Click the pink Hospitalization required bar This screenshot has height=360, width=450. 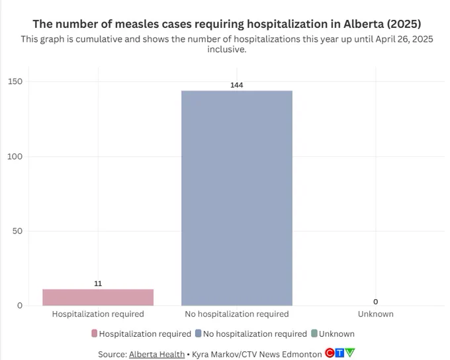(98, 297)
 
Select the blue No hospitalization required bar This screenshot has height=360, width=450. (237, 198)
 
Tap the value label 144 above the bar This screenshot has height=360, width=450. (237, 85)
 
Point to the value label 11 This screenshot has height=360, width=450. (98, 284)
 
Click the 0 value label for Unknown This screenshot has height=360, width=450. (376, 302)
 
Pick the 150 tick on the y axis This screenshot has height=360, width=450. (15, 81)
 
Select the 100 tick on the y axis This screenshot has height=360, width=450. (15, 156)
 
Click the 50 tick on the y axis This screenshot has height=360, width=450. (17, 231)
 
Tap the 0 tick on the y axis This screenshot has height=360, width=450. (20, 306)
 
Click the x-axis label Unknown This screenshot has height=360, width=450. (376, 314)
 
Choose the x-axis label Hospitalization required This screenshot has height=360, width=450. (98, 314)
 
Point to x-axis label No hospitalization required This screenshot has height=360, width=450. (237, 314)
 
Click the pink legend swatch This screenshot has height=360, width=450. (95, 334)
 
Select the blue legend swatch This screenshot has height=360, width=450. (198, 334)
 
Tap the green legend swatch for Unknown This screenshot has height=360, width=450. (314, 334)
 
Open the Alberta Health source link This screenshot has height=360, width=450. (157, 355)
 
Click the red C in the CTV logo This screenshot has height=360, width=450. (330, 353)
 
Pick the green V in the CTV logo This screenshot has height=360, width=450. (350, 352)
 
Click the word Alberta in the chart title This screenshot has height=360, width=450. (363, 24)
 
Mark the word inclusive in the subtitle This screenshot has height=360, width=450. (227, 50)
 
